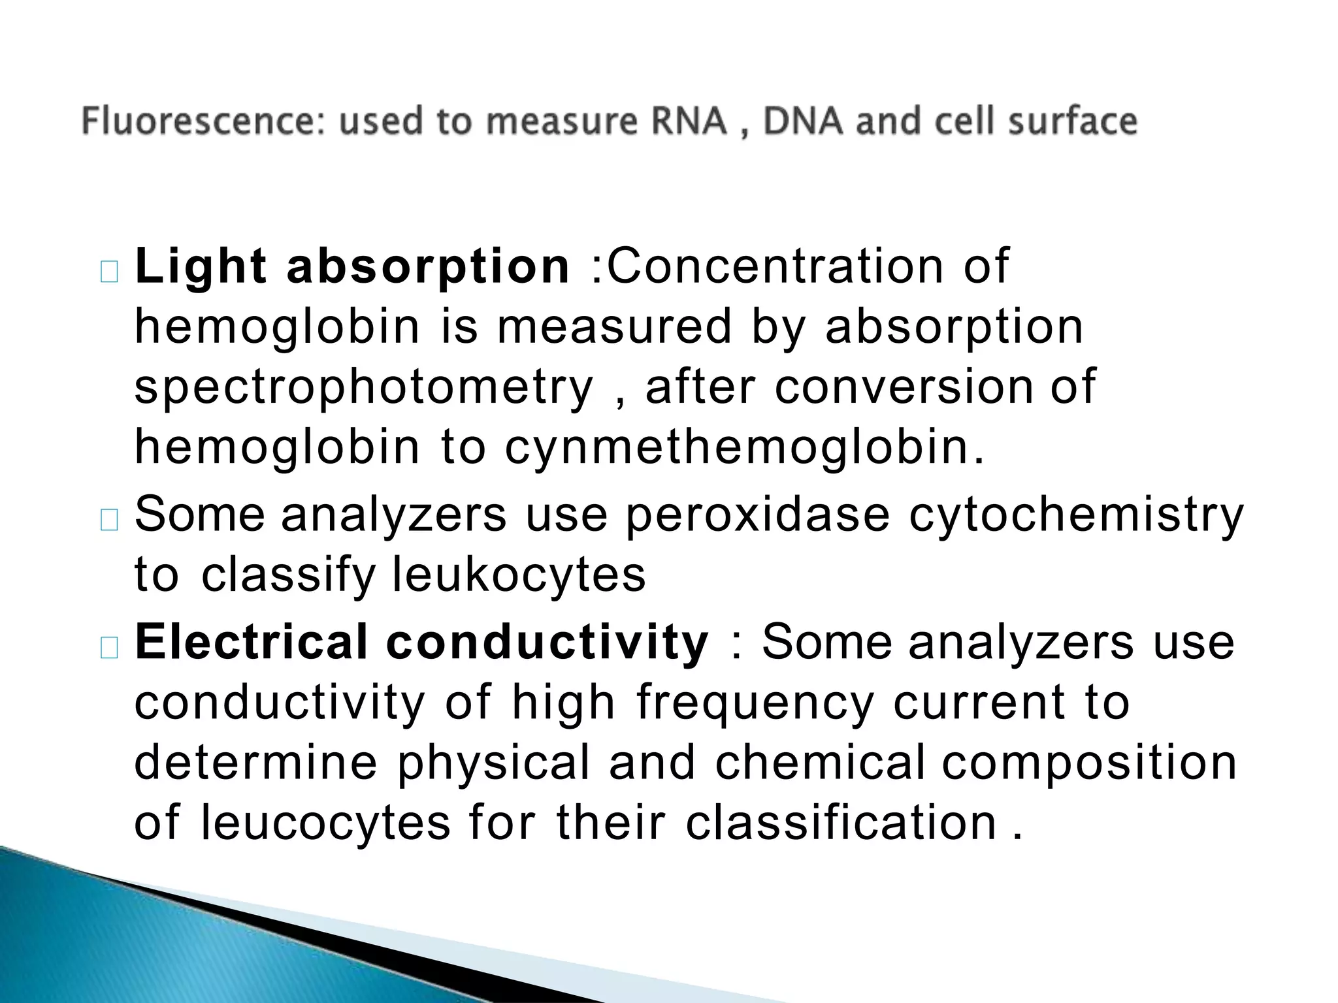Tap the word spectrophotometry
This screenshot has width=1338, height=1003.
(x=364, y=388)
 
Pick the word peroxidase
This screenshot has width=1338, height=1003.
(x=757, y=515)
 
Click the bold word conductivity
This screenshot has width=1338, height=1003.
(x=547, y=642)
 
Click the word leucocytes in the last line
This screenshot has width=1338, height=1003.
(x=325, y=823)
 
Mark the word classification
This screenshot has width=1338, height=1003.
(x=841, y=823)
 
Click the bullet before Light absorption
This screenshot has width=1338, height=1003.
(x=109, y=272)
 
